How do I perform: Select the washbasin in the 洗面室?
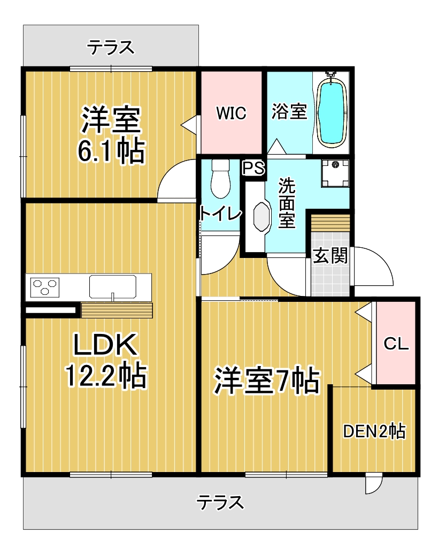[x=262, y=217]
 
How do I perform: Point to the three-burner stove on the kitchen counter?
[x=45, y=287]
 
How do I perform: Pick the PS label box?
[x=253, y=168]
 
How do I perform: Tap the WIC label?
[x=231, y=113]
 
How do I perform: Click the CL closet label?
[x=396, y=344]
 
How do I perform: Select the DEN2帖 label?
[x=374, y=431]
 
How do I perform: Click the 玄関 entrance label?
[x=331, y=255]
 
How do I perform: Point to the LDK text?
[x=105, y=344]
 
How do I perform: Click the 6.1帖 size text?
[x=111, y=151]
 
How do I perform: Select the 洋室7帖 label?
[x=267, y=381]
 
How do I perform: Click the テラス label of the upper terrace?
[x=111, y=48]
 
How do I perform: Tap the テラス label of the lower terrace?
[x=220, y=502]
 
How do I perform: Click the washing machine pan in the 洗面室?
[x=335, y=173]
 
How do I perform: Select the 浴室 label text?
[x=289, y=111]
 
